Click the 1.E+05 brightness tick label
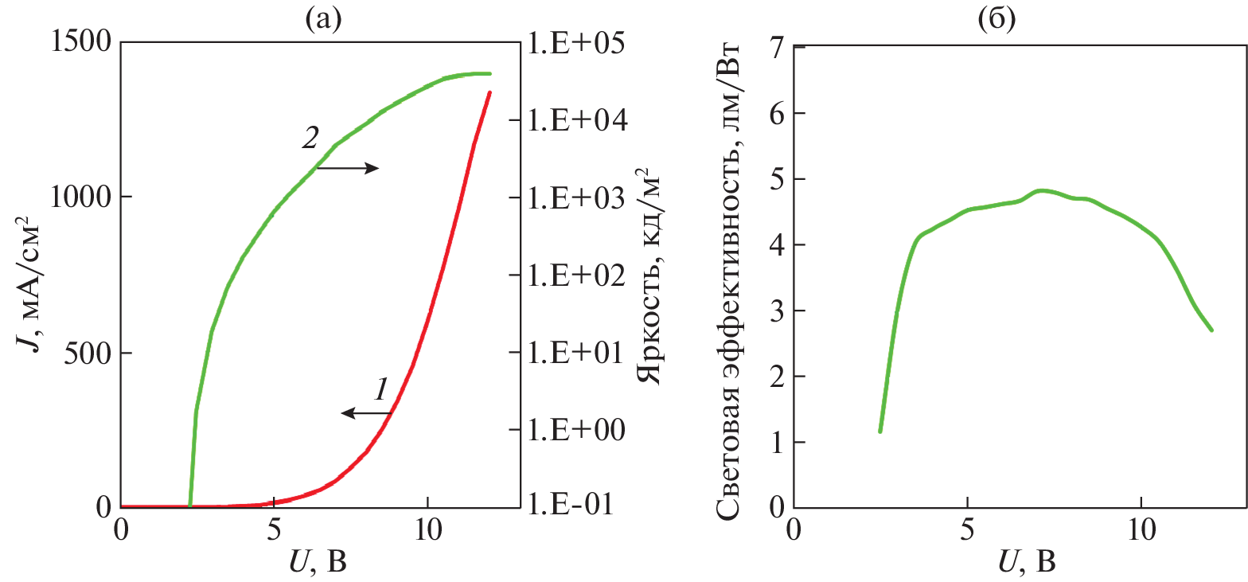(x=575, y=43)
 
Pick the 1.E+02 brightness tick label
(x=575, y=275)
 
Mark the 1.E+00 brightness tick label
(x=575, y=430)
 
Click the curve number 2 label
(x=310, y=137)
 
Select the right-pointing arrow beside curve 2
(x=348, y=168)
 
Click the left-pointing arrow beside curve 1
(x=366, y=412)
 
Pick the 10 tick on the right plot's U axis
(x=1141, y=529)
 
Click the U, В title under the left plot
(x=318, y=562)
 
